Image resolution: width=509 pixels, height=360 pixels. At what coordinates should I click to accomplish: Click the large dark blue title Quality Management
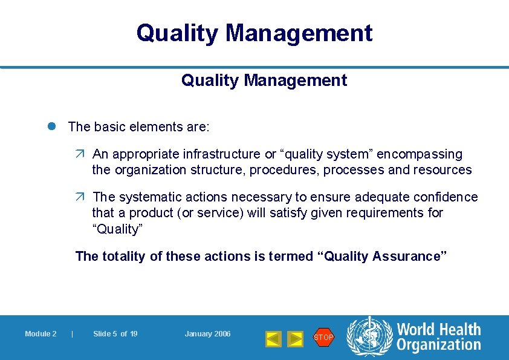pos(254,33)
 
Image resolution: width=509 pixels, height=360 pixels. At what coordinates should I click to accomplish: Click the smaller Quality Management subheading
pos(264,80)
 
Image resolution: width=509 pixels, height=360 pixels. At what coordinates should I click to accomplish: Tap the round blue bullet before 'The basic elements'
pos(53,127)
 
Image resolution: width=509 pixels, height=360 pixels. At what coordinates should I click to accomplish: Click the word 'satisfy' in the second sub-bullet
pos(287,213)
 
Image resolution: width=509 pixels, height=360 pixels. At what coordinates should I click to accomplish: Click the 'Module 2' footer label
pos(41,334)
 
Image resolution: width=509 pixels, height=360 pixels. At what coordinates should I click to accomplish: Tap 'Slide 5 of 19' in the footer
pos(115,334)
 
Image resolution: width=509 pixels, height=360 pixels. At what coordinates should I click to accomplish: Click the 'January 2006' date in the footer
pos(207,334)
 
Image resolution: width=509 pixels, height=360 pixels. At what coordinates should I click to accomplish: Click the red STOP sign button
pos(323,337)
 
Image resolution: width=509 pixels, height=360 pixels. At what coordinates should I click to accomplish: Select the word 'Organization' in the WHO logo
pos(438,345)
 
